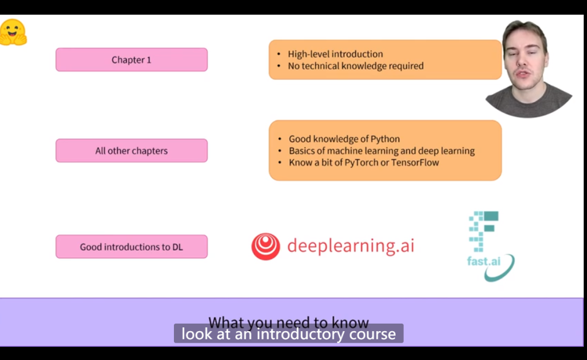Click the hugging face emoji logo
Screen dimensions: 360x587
(13, 33)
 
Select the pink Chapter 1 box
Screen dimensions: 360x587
(132, 60)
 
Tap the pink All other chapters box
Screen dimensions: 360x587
(132, 151)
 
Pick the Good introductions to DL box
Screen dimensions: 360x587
(132, 247)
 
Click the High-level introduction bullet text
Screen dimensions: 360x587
(335, 54)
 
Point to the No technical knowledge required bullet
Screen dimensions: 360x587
(355, 66)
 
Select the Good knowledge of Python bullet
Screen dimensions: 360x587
(344, 139)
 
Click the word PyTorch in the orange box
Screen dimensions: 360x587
(362, 163)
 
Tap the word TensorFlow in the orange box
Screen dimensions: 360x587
(414, 163)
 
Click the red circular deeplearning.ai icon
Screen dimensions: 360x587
(265, 246)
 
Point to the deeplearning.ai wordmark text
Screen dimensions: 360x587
(351, 246)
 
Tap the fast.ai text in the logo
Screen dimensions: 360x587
(483, 260)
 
